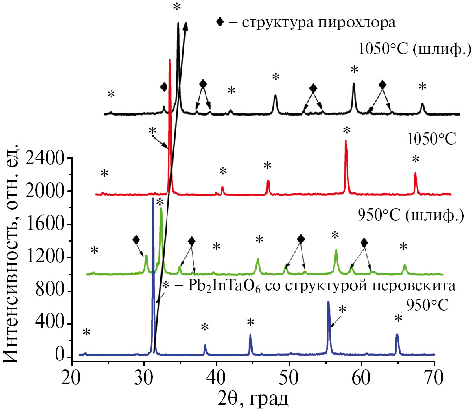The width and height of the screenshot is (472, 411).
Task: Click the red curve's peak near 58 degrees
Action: [346, 142]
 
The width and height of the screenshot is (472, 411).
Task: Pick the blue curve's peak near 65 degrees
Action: [397, 335]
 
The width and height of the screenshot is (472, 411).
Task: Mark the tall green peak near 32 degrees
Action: [161, 210]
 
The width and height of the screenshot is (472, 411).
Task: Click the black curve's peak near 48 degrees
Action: [275, 96]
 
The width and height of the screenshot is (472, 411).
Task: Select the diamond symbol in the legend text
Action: [222, 22]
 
